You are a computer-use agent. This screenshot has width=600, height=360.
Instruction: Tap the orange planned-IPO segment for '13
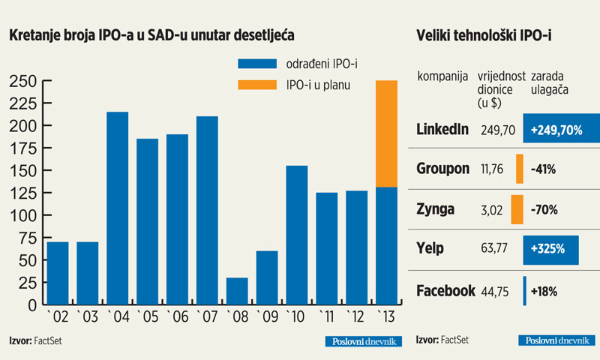[x=385, y=133]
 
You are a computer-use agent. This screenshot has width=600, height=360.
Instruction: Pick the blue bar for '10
[x=296, y=235]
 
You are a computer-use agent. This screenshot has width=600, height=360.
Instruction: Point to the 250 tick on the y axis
[x=21, y=80]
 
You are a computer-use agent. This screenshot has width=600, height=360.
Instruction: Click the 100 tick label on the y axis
[x=21, y=216]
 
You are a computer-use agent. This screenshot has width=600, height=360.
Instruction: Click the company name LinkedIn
[x=442, y=130]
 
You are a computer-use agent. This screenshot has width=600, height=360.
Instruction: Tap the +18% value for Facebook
[x=544, y=292]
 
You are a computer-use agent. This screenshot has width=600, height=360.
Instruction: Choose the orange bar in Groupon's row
[x=519, y=169]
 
